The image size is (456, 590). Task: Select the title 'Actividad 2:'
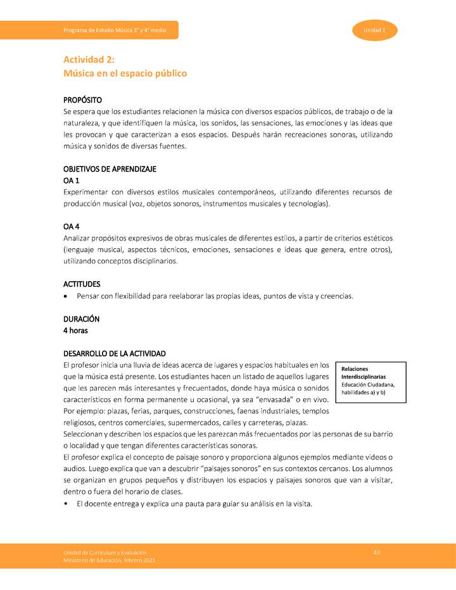pos(89,60)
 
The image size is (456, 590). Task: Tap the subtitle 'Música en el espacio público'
pos(125,73)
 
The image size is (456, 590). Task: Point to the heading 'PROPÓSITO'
pos(82,101)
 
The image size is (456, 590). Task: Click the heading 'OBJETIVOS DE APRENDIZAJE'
pos(110,169)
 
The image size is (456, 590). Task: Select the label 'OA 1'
pos(72,180)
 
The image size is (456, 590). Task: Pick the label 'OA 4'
pos(72,227)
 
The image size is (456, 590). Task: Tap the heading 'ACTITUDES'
pos(82,284)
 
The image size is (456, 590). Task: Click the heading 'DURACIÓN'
pos(81,319)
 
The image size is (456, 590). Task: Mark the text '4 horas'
pos(75,330)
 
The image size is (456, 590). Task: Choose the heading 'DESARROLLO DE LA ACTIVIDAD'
pos(115,353)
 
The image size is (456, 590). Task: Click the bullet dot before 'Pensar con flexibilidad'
pos(66,296)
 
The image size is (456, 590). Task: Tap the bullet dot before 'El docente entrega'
pos(66,505)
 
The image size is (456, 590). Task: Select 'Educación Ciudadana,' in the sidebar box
pos(368,385)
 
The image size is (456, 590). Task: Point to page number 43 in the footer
pos(377,553)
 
